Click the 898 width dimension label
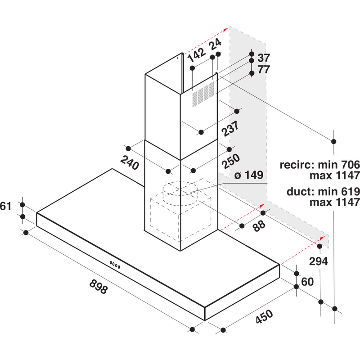[99, 287]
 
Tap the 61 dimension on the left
[5, 207]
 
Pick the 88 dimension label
[259, 226]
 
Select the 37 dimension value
[264, 58]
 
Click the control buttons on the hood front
[115, 265]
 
